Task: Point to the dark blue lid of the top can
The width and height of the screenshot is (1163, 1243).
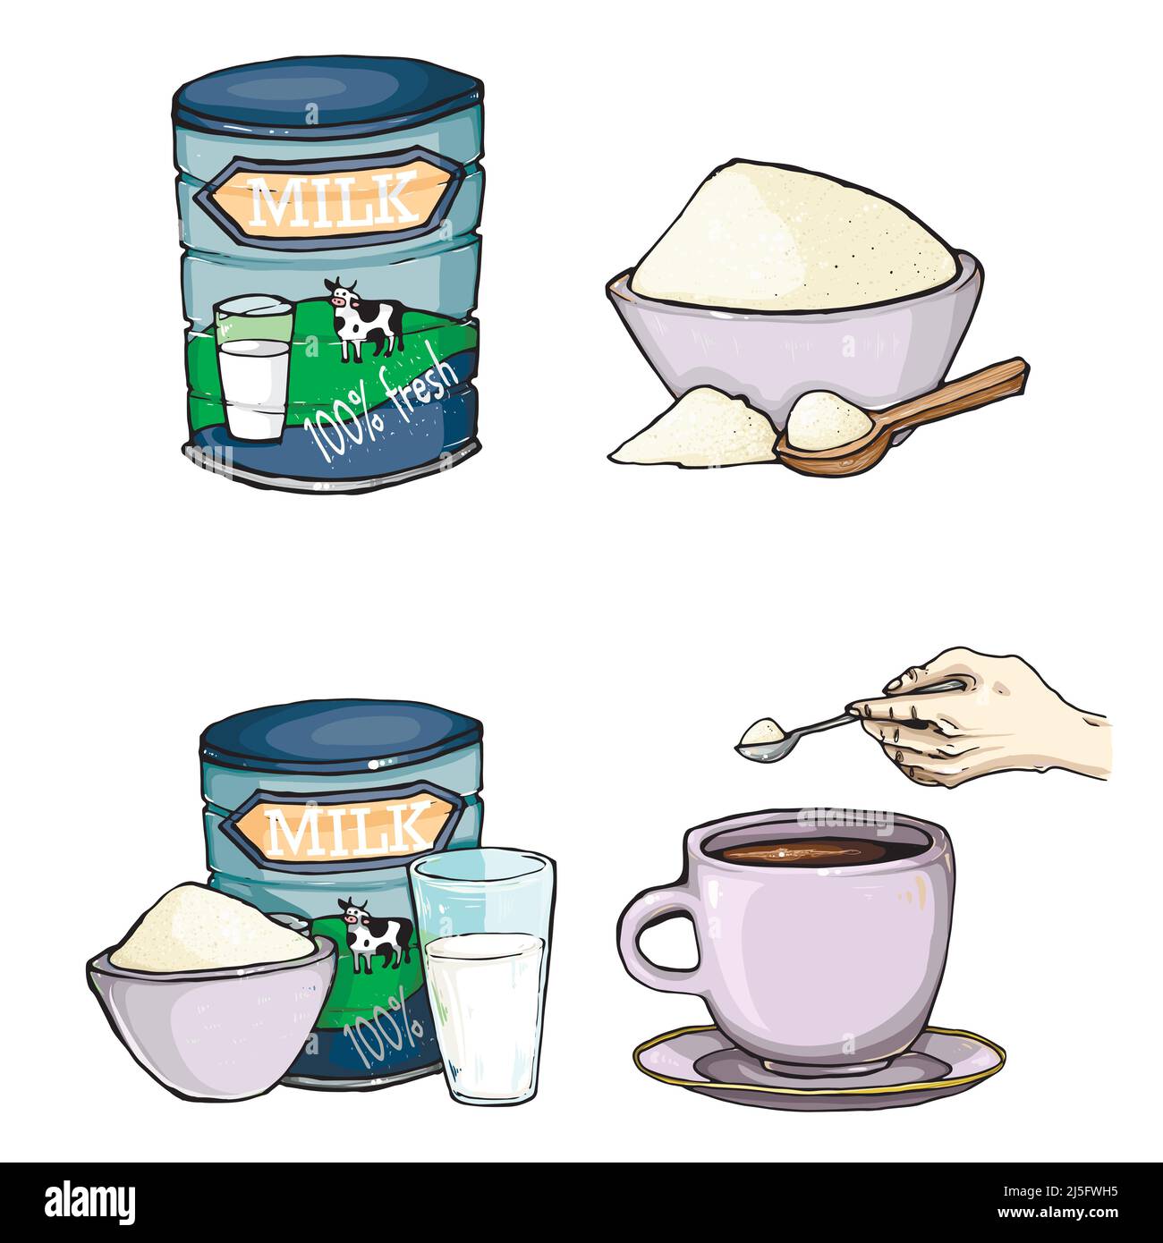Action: point(327,93)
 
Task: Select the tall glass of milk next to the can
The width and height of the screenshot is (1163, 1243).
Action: point(483,975)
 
